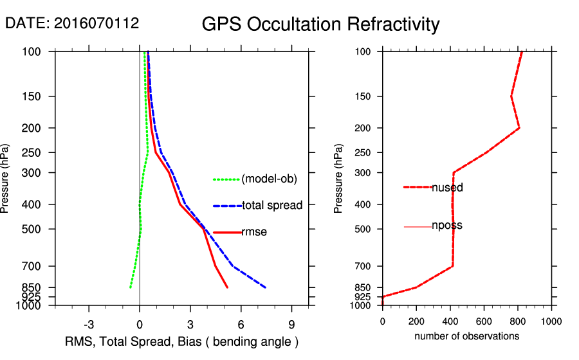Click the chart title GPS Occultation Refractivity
(320, 24)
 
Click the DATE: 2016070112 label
(72, 23)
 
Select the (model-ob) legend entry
(269, 179)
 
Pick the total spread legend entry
(272, 206)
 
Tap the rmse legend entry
(254, 232)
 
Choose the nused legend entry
(447, 188)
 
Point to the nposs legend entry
(447, 226)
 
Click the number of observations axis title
(466, 336)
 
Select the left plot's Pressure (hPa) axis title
(6, 178)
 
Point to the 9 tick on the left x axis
(291, 323)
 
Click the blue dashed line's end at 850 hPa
(266, 287)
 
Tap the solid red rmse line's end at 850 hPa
(227, 287)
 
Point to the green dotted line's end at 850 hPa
(130, 287)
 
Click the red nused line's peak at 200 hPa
(519, 128)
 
